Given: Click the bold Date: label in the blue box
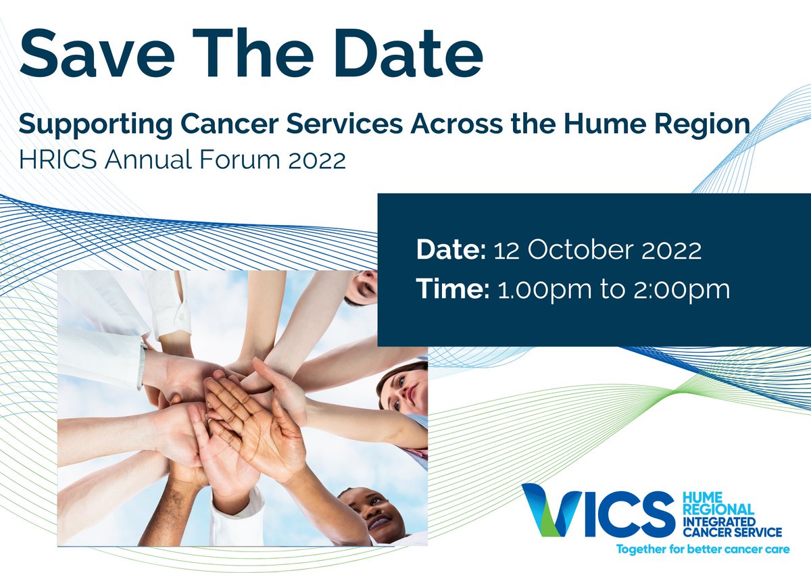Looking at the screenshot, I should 451,250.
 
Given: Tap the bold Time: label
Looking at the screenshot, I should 452,290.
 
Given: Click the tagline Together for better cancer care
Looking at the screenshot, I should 702,549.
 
